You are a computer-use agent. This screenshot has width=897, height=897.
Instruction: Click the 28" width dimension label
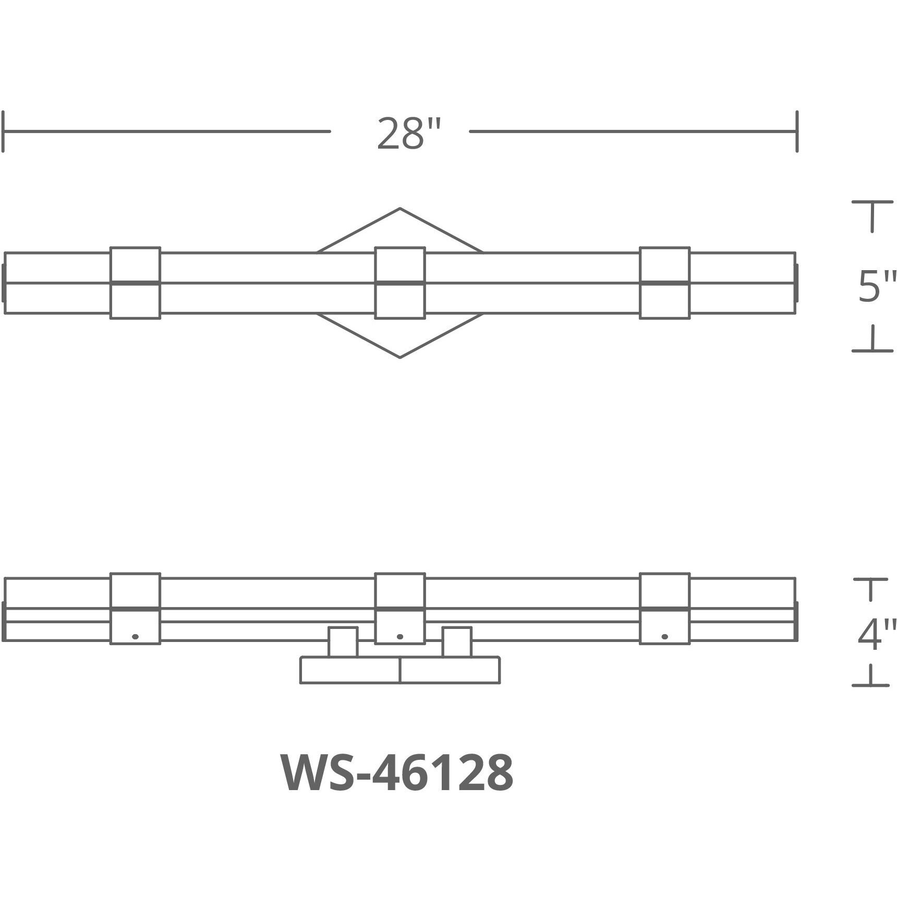(x=409, y=134)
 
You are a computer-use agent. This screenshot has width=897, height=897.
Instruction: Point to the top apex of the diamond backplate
(x=400, y=209)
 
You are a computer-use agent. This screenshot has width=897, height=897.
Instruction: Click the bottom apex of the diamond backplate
(x=400, y=357)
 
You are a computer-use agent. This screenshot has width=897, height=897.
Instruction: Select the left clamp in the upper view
(x=135, y=283)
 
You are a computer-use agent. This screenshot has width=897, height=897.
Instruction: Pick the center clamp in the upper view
(x=400, y=283)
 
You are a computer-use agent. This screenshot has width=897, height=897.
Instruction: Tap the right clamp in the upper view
(x=664, y=283)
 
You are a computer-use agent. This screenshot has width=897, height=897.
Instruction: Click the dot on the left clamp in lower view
(x=136, y=636)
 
